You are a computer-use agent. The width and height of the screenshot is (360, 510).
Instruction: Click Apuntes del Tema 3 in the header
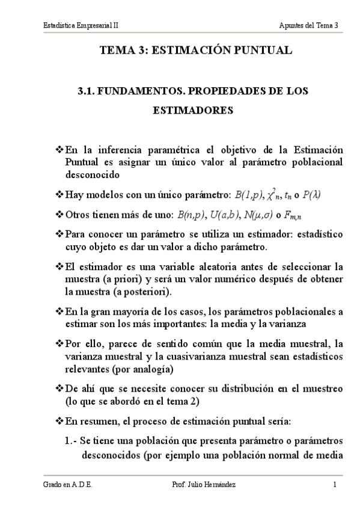pyautogui.click(x=309, y=25)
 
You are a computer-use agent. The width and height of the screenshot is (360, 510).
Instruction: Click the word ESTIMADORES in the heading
pyautogui.click(x=193, y=111)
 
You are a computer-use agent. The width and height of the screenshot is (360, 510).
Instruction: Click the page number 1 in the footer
pyautogui.click(x=334, y=484)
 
